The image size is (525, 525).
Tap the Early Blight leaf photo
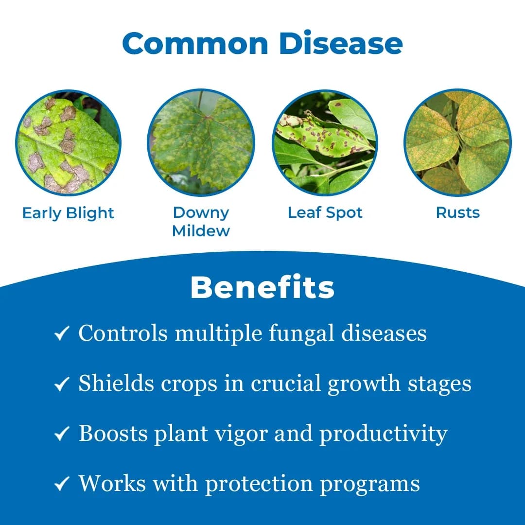(68, 142)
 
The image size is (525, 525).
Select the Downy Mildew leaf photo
(201, 142)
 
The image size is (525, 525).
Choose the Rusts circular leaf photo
(457, 142)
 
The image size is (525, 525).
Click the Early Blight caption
(68, 213)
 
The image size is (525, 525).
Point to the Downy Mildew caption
(201, 221)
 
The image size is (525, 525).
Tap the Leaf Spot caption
(325, 212)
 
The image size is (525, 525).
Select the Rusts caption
(457, 212)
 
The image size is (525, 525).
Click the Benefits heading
(262, 288)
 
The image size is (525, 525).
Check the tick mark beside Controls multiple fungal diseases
(61, 334)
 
